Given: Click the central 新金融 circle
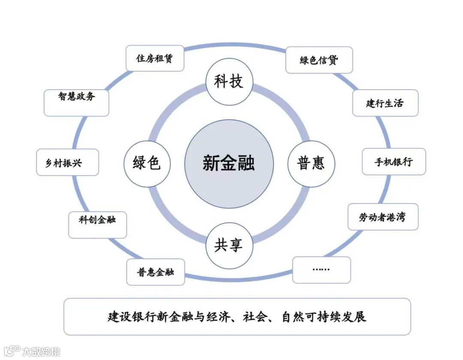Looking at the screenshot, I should click(x=229, y=164).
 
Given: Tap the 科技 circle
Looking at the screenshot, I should click(x=229, y=81).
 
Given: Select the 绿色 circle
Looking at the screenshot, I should click(x=147, y=164).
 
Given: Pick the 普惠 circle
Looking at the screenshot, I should click(x=311, y=164).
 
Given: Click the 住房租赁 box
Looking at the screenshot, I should click(x=155, y=58).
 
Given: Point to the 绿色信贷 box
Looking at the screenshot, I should click(x=319, y=60).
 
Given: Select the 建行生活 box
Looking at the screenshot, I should click(x=385, y=103).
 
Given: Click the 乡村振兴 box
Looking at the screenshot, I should click(x=67, y=162).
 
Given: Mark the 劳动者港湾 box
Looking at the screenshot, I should click(x=382, y=217).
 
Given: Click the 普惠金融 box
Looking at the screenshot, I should click(x=155, y=272).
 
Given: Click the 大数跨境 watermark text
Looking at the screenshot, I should click(x=41, y=351).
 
